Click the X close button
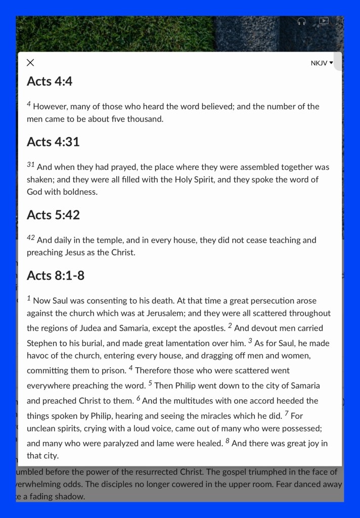click(x=30, y=63)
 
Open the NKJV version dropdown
click(x=322, y=63)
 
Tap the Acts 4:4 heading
click(x=50, y=81)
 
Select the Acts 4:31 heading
click(x=53, y=142)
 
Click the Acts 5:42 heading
click(x=53, y=214)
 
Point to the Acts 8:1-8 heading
click(x=56, y=275)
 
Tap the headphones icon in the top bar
click(x=302, y=21)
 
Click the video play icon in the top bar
click(x=324, y=21)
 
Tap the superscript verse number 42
click(x=30, y=237)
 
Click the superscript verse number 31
click(x=30, y=164)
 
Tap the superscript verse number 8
click(x=228, y=441)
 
